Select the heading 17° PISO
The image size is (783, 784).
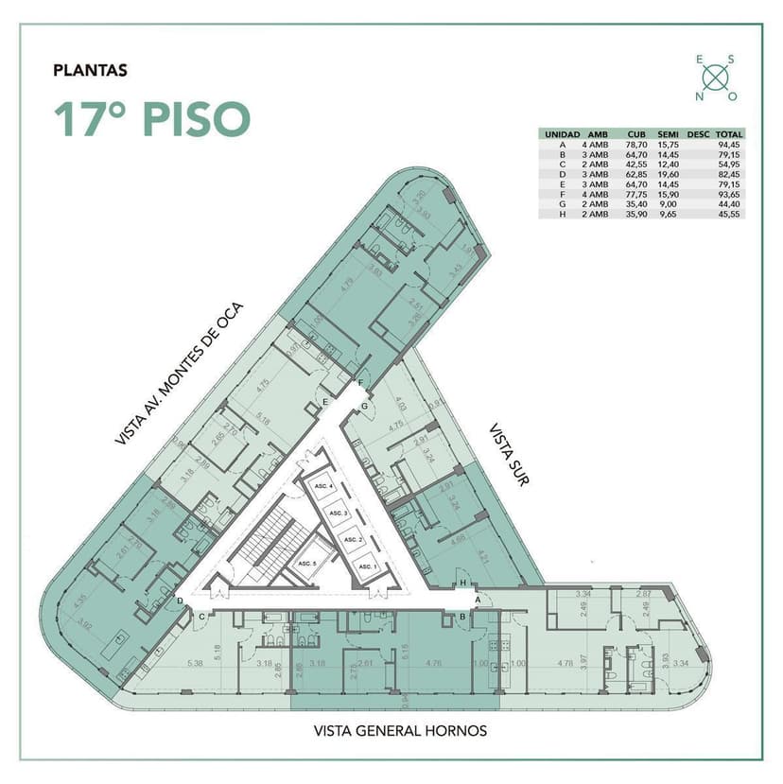[x=151, y=119]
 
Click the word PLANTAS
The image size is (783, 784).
[x=91, y=69]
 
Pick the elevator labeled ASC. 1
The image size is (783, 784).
[x=366, y=567]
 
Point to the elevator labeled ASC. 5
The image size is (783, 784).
[x=305, y=564]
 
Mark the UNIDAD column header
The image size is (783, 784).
[x=562, y=134]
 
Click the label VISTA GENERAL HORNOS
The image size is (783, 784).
[x=400, y=731]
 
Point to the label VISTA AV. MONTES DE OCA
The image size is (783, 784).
[x=179, y=374]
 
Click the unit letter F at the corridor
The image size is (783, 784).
[x=359, y=383]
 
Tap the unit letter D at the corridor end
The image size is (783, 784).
[x=180, y=601]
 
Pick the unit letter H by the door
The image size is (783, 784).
[x=462, y=582]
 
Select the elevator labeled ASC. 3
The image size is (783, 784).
[x=339, y=513]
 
